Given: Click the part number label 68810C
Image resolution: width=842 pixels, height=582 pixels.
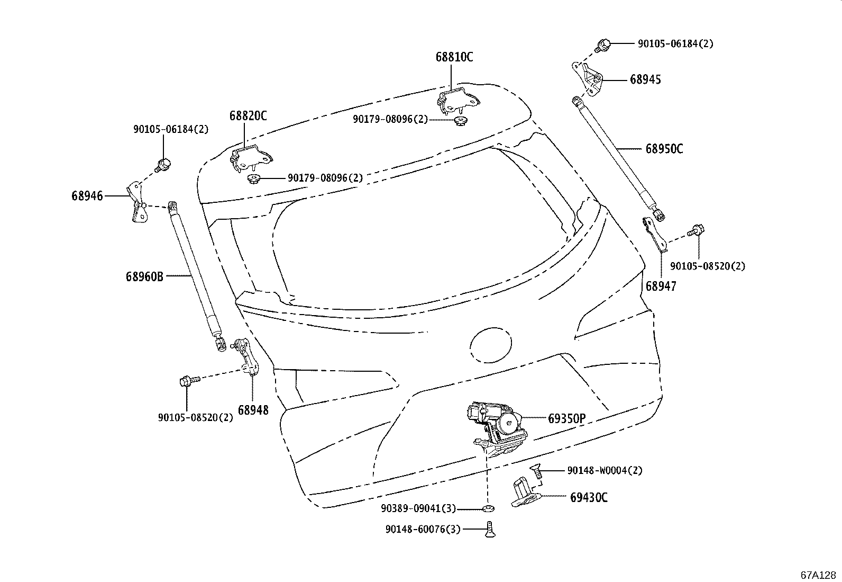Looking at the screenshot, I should [454, 57].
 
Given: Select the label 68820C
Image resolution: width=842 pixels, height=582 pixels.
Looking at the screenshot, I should [248, 116].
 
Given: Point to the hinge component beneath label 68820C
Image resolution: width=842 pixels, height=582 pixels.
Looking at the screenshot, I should [250, 158].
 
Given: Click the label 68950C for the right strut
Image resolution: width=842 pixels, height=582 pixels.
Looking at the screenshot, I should [664, 149].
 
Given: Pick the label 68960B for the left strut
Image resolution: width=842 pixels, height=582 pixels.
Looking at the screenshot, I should [144, 276].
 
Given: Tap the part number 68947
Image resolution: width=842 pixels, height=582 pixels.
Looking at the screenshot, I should [661, 286].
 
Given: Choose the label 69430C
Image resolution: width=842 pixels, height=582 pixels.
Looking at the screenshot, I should [589, 498].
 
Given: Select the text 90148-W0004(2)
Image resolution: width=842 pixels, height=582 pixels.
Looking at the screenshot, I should [605, 470].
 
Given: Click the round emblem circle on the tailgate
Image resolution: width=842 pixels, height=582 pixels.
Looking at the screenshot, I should [491, 345].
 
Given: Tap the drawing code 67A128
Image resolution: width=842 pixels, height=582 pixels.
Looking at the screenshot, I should [818, 575].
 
